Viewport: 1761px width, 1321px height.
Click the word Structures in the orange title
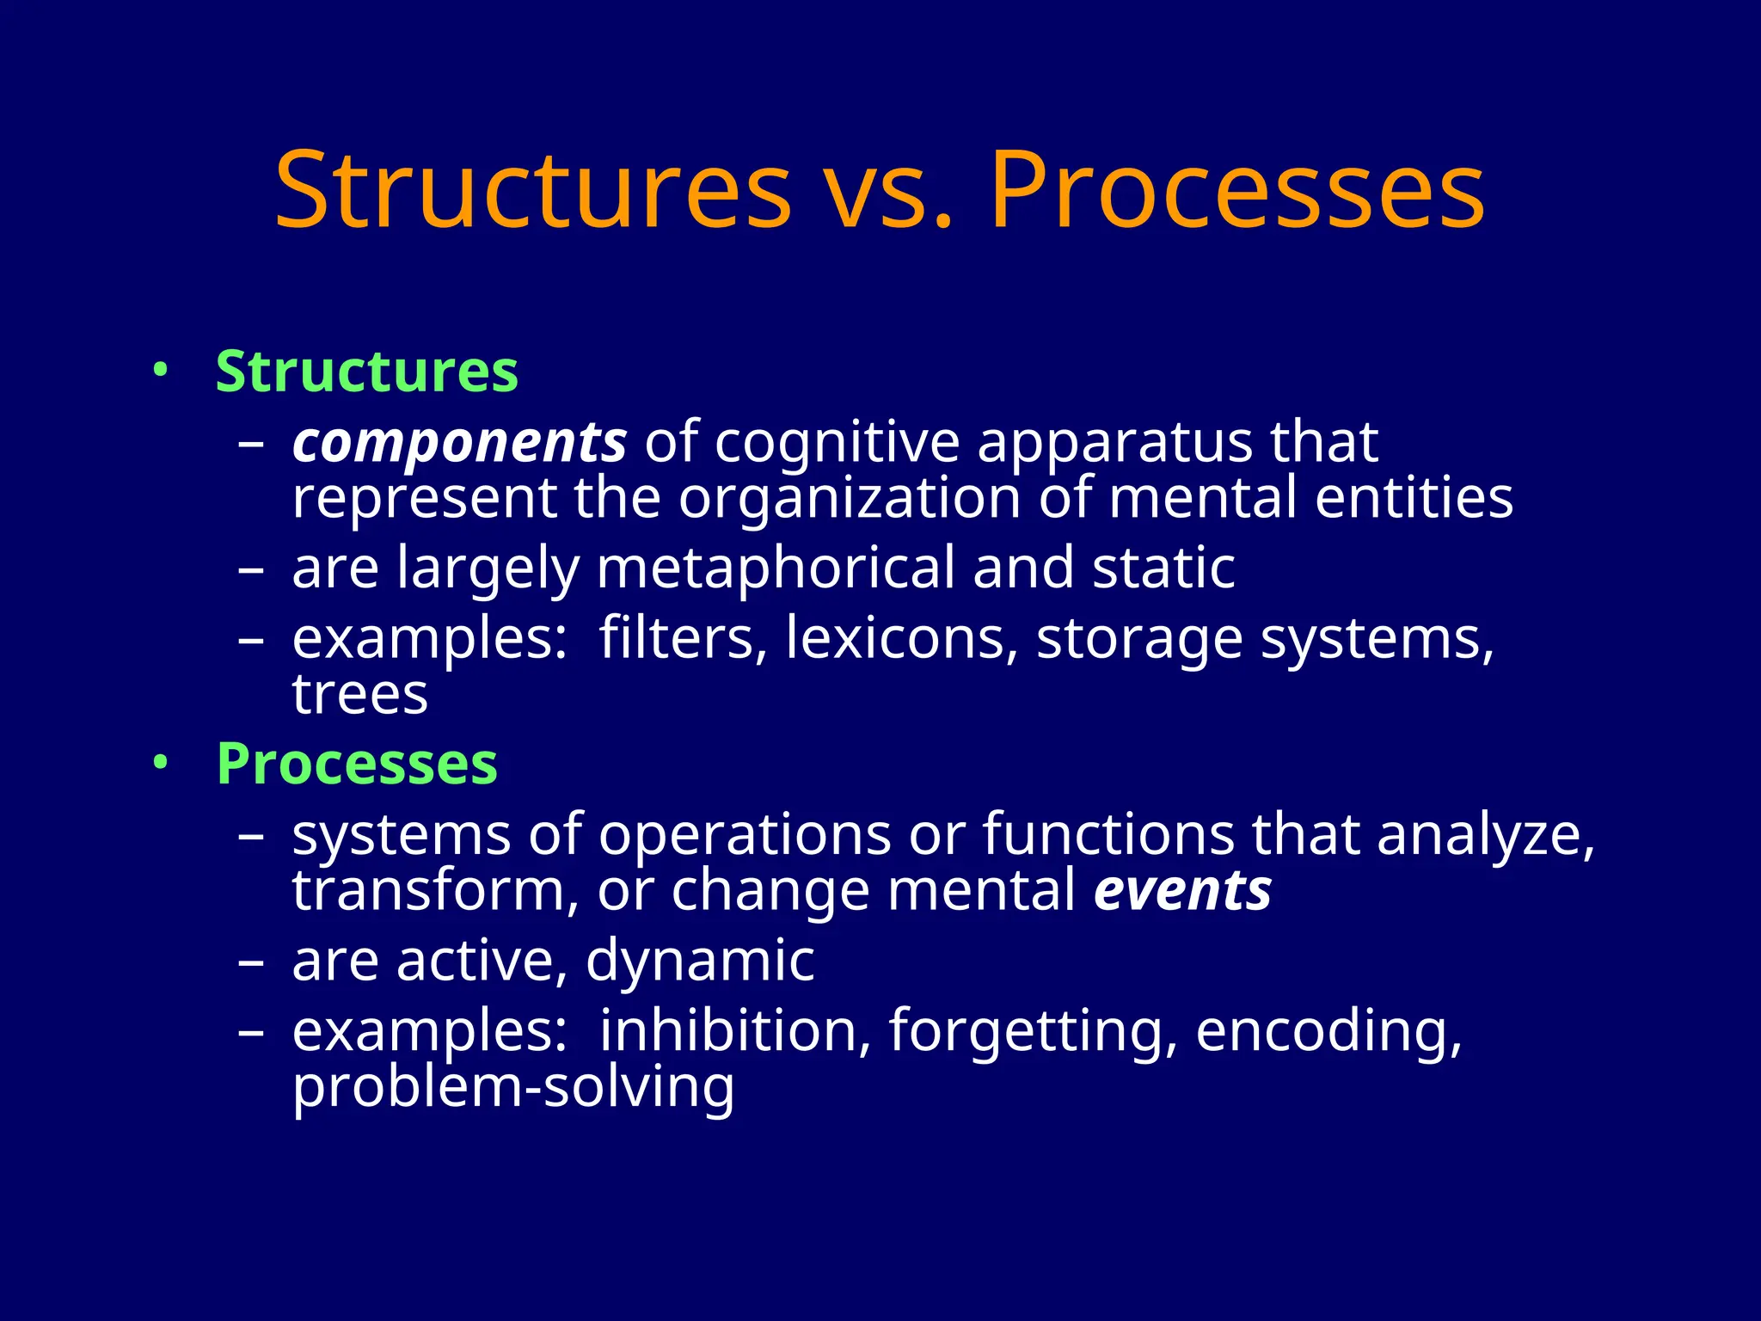pos(533,190)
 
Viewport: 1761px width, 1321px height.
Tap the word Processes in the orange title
pos(1236,190)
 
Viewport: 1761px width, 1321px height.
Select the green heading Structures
pos(367,372)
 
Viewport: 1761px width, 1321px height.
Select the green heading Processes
pos(357,764)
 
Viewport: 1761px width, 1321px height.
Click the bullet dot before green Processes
pos(159,763)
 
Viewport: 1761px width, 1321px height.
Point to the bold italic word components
pos(459,443)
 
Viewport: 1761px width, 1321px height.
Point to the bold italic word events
pos(1182,890)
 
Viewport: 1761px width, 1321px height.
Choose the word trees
pos(359,694)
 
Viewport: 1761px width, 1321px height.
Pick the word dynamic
pos(700,961)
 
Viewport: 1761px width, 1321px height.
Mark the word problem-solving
pos(513,1088)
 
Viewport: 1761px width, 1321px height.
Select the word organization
pos(849,498)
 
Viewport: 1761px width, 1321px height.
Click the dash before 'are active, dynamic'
pos(251,962)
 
